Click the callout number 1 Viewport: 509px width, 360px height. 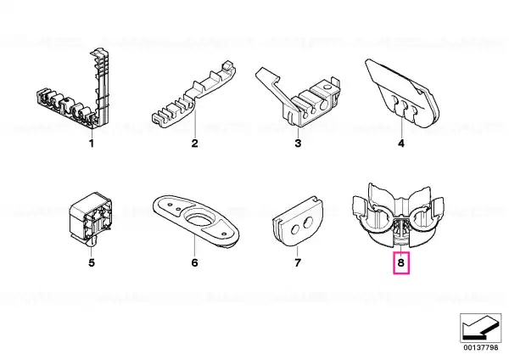coord(92,143)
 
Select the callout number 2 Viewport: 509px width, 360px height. coord(194,143)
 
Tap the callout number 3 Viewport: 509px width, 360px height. coord(298,143)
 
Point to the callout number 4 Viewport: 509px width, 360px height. coord(401,143)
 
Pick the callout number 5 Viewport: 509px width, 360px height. coord(92,262)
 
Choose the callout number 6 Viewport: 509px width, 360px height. coord(194,262)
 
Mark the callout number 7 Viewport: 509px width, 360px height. coord(298,262)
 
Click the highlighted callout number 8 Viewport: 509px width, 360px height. coord(401,262)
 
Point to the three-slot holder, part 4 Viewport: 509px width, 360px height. coord(402,94)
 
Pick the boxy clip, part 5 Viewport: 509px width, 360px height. coord(92,217)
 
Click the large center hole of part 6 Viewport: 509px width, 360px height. coord(199,220)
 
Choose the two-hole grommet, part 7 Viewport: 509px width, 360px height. coord(298,221)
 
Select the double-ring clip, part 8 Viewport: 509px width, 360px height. coord(399,217)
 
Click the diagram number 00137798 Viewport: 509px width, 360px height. coord(480,347)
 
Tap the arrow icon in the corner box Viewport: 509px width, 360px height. coord(480,328)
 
